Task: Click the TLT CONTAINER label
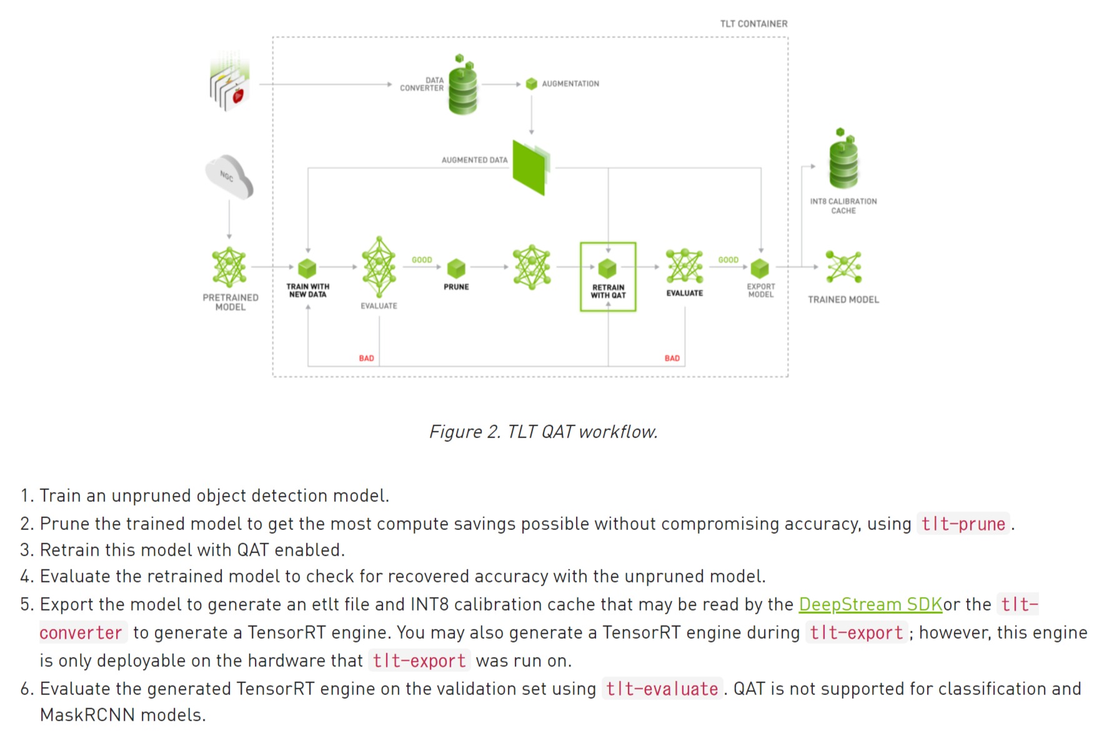(x=753, y=24)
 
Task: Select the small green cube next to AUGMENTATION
(x=532, y=84)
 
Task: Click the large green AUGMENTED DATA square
(x=530, y=167)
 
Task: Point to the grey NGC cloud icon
(x=229, y=177)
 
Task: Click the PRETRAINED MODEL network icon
(x=229, y=267)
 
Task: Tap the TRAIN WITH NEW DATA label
(x=307, y=291)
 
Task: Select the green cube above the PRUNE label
(x=456, y=268)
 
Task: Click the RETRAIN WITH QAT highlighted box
(x=608, y=277)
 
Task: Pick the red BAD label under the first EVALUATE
(x=366, y=358)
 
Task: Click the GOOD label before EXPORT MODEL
(x=728, y=260)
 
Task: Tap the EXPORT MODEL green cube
(x=760, y=268)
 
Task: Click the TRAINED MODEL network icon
(x=843, y=267)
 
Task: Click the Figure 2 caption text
(x=543, y=432)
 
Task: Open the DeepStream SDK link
(x=870, y=604)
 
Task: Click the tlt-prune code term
(x=963, y=524)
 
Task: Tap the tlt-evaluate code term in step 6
(x=662, y=689)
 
